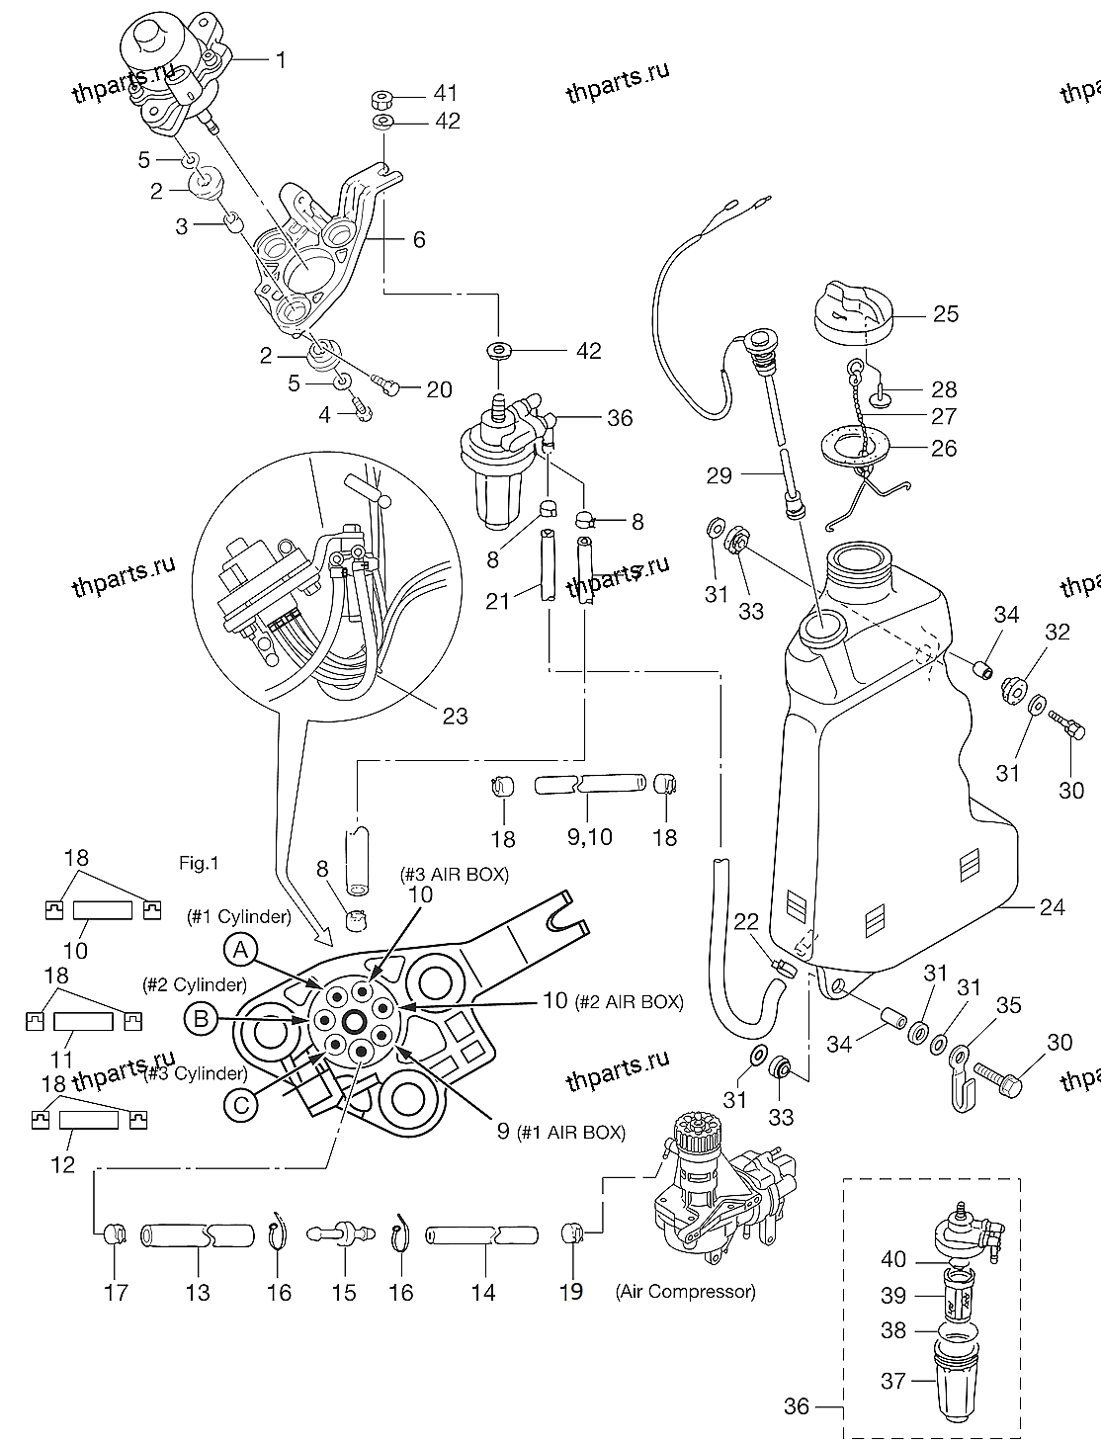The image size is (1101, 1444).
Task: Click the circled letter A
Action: coord(240,952)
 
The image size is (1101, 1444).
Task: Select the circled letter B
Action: coord(201,1019)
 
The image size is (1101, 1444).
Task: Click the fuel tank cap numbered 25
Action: coord(852,312)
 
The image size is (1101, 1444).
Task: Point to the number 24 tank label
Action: coord(1053,905)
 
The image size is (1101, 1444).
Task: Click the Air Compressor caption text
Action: coord(684,1291)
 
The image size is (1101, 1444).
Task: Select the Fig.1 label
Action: coord(198,863)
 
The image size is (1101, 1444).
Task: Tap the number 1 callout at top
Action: coord(281,60)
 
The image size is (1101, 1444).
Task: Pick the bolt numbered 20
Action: coord(386,384)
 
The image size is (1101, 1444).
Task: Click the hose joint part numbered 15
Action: coord(343,1234)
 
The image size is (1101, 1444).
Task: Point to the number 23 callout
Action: coord(455,715)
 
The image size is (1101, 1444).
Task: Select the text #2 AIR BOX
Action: coord(628,1001)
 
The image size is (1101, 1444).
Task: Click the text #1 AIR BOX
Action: coord(571,1133)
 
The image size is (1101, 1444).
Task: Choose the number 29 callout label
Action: coord(720,475)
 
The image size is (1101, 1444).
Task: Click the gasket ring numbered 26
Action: coord(853,447)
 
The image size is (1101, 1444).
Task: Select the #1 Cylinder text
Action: coord(238,916)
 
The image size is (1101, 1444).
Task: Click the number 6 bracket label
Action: coord(419,239)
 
